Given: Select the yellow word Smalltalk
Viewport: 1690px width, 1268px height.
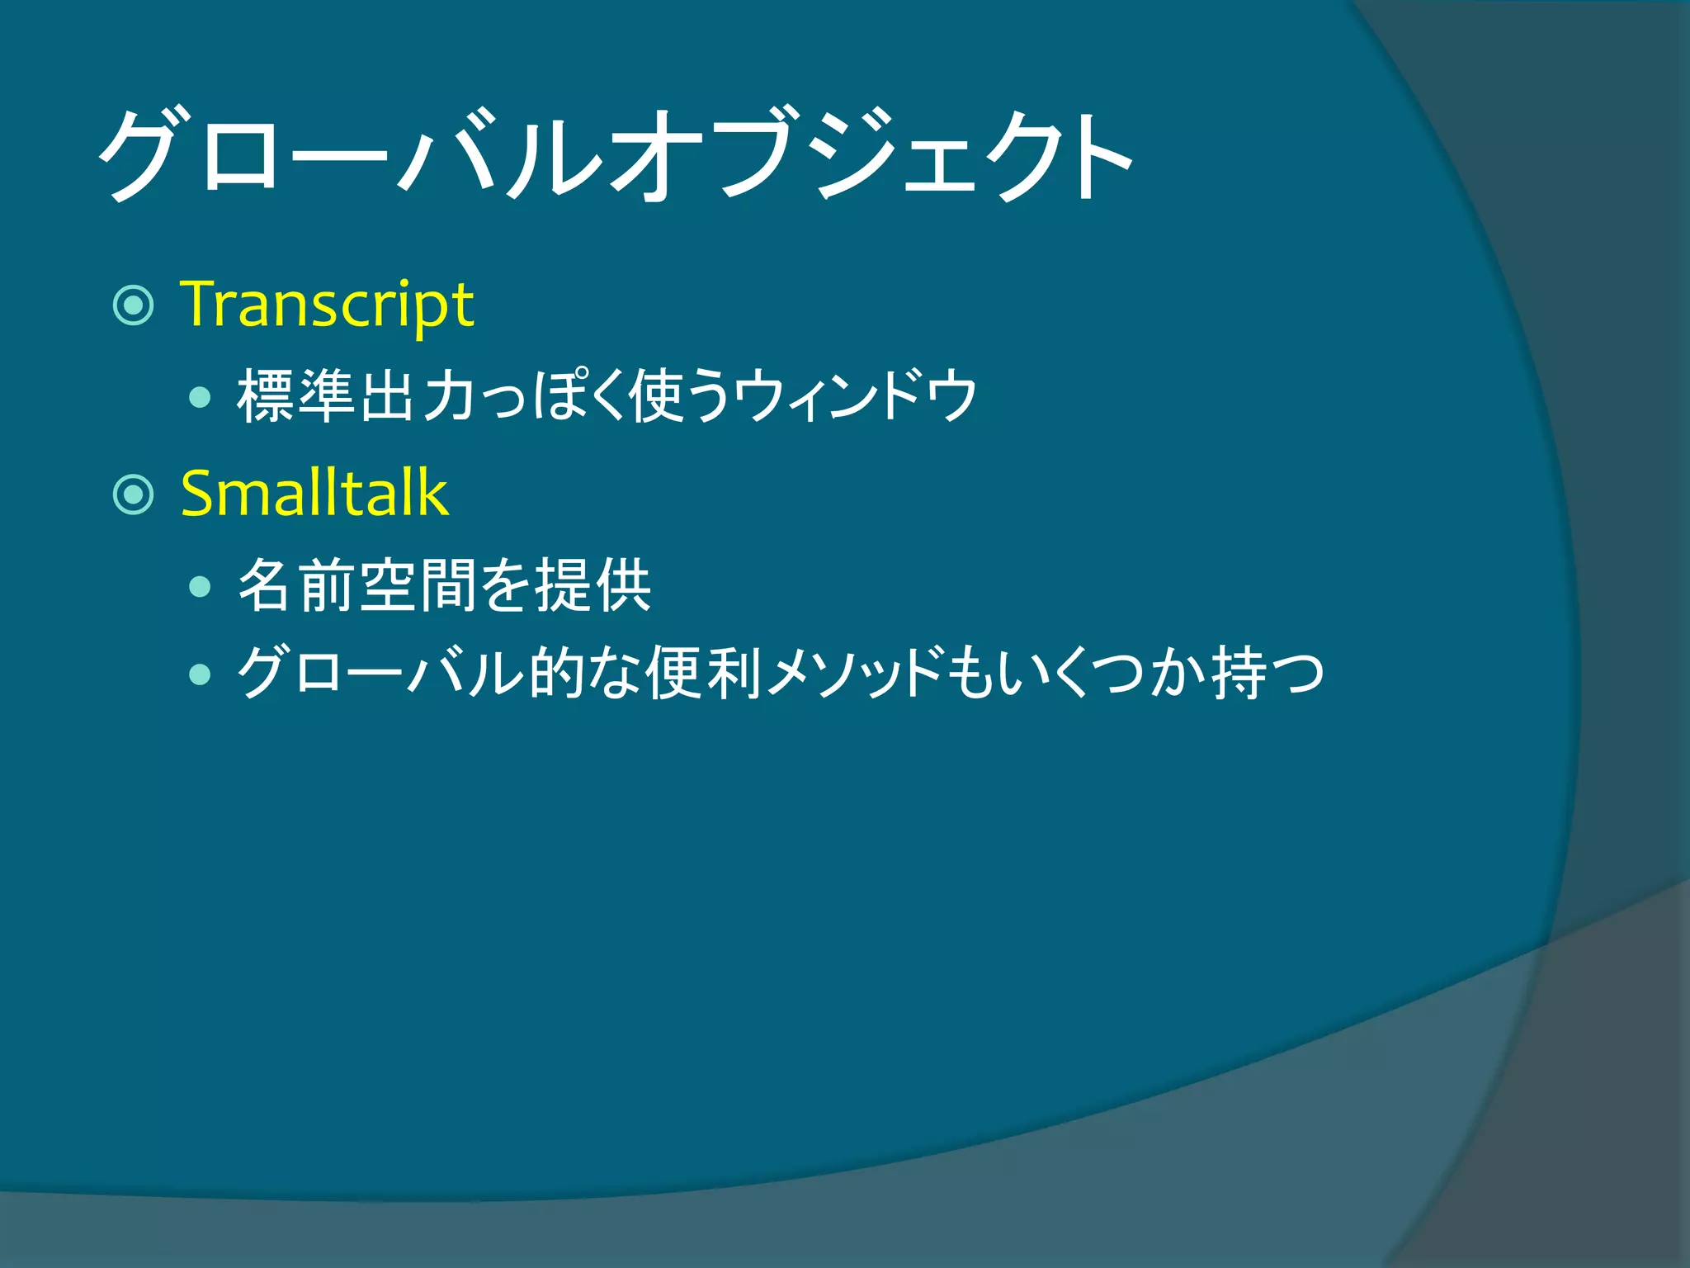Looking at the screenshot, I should tap(314, 494).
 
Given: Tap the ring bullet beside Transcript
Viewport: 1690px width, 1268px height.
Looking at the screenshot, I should tap(133, 305).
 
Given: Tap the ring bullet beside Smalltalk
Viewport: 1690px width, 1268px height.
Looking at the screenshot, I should tap(133, 494).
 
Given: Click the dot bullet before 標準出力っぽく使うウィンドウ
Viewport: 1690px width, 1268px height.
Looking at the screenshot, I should tap(200, 399).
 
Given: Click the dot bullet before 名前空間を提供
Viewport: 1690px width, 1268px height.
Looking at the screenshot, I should tap(200, 587).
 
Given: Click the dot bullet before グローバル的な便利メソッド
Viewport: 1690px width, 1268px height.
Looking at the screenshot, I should tap(200, 674).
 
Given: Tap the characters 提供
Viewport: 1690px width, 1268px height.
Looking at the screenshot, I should tap(594, 585).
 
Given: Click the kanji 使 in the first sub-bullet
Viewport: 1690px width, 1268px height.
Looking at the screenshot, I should tap(656, 397).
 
